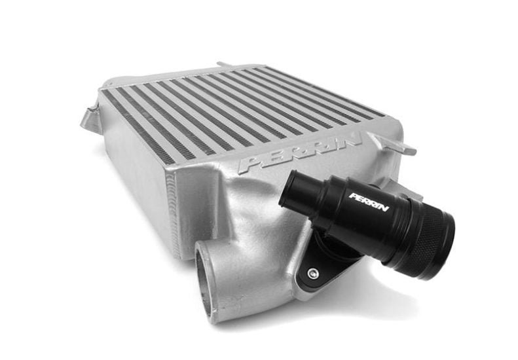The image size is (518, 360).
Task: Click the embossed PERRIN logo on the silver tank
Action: click(x=300, y=153)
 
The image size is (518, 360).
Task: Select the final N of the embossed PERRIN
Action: click(x=352, y=141)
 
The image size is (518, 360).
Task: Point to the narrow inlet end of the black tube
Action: click(x=293, y=192)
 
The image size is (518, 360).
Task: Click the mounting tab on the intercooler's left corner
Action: click(x=90, y=118)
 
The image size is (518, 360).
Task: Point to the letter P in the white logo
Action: click(x=353, y=195)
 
